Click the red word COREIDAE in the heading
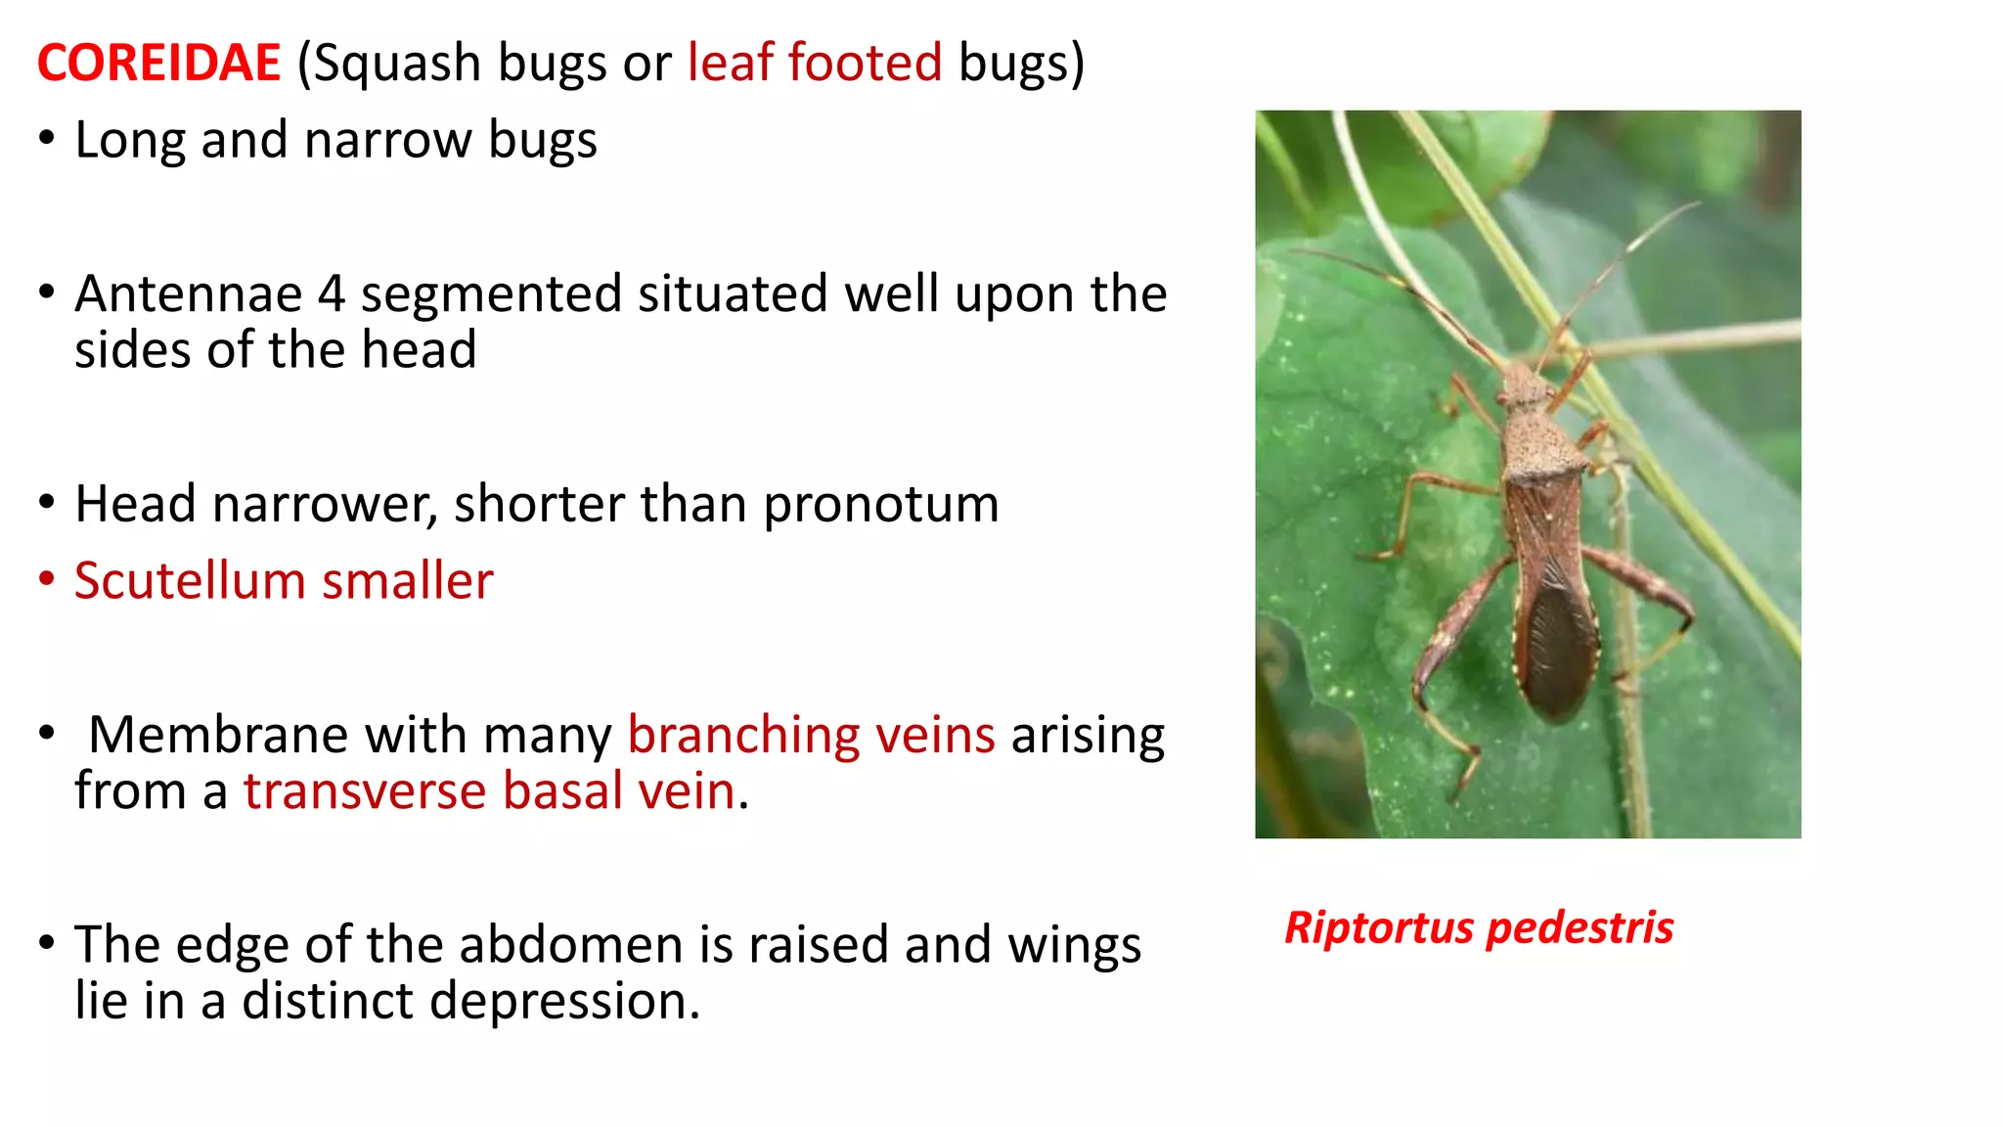point(158,63)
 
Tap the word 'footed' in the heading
point(865,63)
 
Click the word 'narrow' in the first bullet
point(387,140)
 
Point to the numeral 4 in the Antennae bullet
point(332,293)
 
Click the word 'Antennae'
point(188,293)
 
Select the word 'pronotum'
point(881,505)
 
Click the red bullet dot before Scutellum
point(46,578)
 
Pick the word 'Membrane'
point(217,735)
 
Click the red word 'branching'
point(743,737)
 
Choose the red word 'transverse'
point(365,791)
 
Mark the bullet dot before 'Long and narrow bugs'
point(46,138)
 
